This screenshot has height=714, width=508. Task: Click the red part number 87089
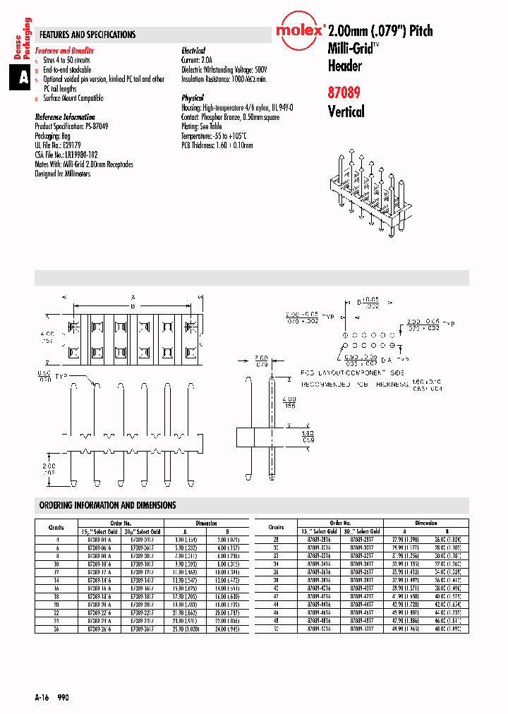point(345,91)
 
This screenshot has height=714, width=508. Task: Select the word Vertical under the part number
point(346,111)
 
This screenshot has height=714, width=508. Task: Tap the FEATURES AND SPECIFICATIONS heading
point(87,35)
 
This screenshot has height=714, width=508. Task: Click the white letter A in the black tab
point(23,78)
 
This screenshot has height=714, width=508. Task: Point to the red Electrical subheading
point(193,51)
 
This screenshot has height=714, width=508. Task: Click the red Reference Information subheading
point(65,117)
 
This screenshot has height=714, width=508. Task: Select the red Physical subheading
point(193,98)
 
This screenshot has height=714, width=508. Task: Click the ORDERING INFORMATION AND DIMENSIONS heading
point(108,505)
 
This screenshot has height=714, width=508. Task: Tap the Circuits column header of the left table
point(56,527)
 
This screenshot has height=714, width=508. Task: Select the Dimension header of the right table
point(425,524)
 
